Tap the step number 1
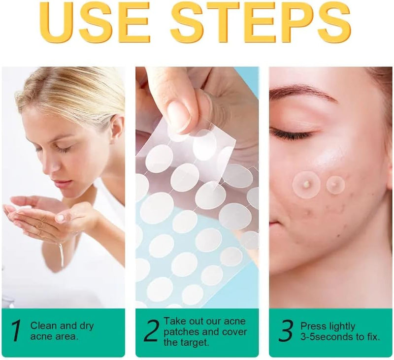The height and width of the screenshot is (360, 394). point(16,330)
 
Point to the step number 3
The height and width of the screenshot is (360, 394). point(286,330)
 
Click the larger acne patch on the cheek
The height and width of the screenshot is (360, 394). point(306,185)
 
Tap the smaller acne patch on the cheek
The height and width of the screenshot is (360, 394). point(335,185)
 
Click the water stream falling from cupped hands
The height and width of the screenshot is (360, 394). point(61,254)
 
